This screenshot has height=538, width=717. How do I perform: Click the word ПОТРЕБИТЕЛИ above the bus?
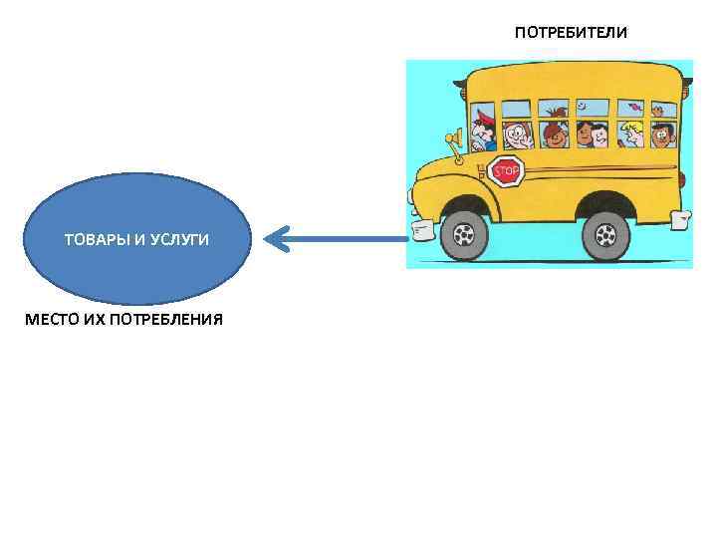tap(571, 33)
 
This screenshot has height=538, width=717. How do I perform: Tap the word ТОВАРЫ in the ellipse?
tap(95, 240)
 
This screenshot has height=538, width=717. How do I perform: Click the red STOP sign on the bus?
tap(506, 171)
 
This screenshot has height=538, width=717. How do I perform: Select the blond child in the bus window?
tap(633, 133)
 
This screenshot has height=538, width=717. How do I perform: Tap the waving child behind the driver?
tap(516, 134)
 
